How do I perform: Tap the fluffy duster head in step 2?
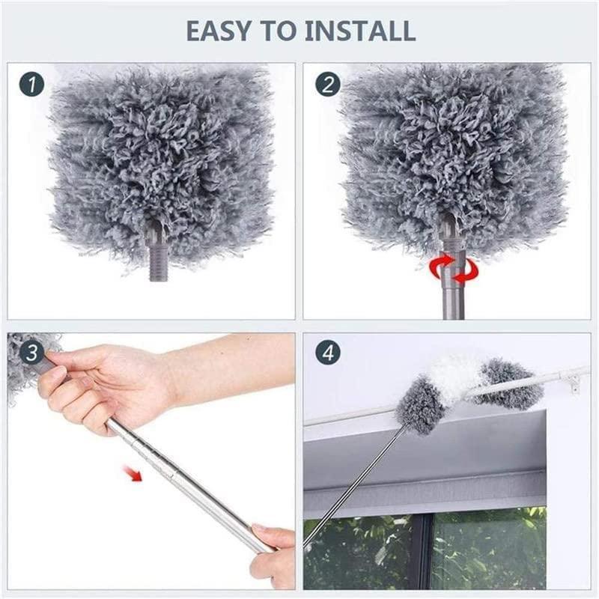[449, 142]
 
